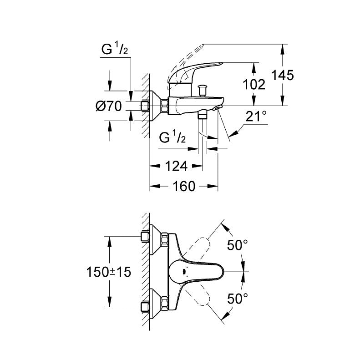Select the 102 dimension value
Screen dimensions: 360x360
(254, 85)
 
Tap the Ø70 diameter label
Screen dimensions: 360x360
(109, 106)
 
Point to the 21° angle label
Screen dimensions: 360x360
(256, 116)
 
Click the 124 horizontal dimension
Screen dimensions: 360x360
(176, 166)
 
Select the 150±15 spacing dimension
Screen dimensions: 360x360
(109, 272)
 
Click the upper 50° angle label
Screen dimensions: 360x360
(238, 246)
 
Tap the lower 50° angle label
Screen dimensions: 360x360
(238, 299)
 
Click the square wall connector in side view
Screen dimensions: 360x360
(146, 106)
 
